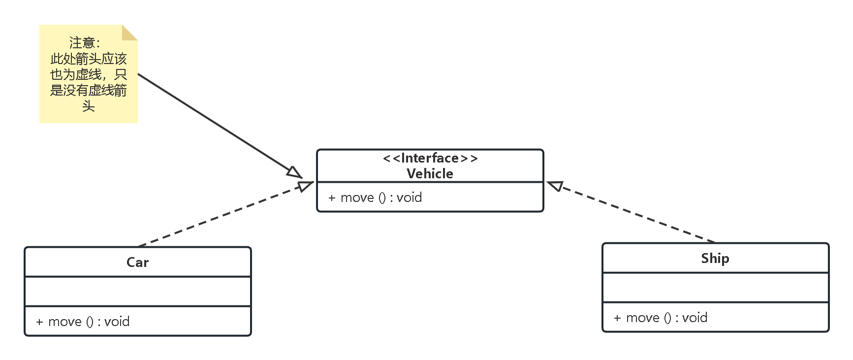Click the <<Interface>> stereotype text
point(430,158)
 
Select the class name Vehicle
point(430,173)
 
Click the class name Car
point(137,262)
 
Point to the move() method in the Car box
point(83,322)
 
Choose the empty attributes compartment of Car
point(137,291)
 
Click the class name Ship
point(715,258)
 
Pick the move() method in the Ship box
point(660,318)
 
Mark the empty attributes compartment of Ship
point(715,287)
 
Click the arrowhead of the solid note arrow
point(294,172)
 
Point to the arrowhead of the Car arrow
point(306,186)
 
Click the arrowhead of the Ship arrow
point(555,186)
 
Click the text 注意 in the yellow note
point(82,43)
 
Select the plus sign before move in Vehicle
point(332,198)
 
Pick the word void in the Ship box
point(695,318)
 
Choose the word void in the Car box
point(117,322)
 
